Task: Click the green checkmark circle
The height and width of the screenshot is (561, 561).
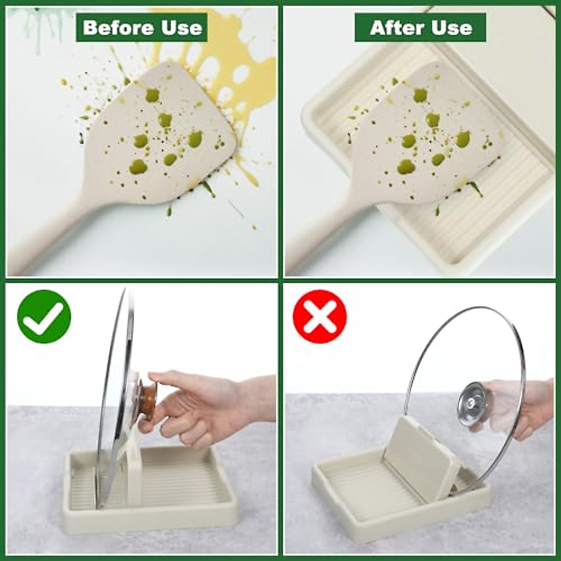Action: click(44, 316)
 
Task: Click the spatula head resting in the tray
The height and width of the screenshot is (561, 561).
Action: click(421, 140)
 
